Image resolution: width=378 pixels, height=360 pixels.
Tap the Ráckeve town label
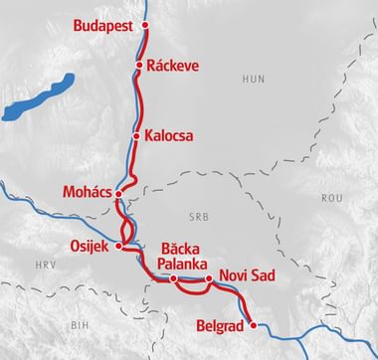173,66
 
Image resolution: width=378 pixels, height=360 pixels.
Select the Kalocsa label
168,135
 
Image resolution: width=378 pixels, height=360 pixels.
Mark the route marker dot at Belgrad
253,325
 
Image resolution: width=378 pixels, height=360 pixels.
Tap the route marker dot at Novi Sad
209,279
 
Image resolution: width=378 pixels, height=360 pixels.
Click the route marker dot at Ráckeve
139,66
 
